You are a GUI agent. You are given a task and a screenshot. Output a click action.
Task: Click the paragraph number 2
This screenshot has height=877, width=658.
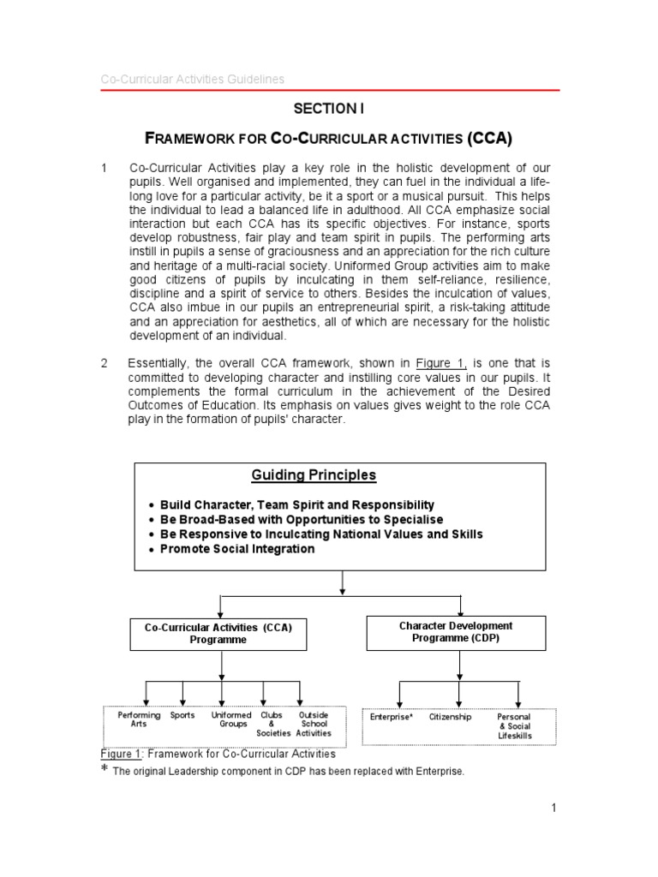click(x=104, y=363)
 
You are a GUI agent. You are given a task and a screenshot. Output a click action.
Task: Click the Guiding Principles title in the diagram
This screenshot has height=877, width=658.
click(x=314, y=475)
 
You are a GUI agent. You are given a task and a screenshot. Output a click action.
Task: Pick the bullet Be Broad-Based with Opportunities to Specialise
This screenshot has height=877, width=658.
click(x=302, y=520)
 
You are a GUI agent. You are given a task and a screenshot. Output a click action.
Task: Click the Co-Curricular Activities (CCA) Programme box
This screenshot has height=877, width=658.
click(x=218, y=633)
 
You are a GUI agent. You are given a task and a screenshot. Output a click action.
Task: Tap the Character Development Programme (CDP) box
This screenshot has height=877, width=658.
click(x=456, y=632)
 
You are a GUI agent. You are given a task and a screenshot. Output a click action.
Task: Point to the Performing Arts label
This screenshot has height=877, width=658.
click(x=139, y=719)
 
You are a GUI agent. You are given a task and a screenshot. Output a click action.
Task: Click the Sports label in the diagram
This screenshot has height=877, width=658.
click(x=182, y=715)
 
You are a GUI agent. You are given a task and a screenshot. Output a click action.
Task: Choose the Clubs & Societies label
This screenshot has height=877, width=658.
click(x=273, y=724)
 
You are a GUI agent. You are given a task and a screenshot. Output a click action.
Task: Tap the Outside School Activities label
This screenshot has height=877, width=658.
click(x=313, y=724)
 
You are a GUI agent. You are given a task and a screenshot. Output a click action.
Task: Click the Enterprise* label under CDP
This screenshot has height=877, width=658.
click(x=392, y=717)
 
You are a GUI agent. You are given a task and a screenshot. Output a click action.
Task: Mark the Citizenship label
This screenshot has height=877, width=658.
click(x=450, y=717)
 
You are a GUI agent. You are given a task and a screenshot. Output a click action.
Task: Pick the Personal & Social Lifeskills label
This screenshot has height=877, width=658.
click(x=514, y=725)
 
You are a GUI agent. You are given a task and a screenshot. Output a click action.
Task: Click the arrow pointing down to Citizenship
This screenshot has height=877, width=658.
click(x=458, y=694)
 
